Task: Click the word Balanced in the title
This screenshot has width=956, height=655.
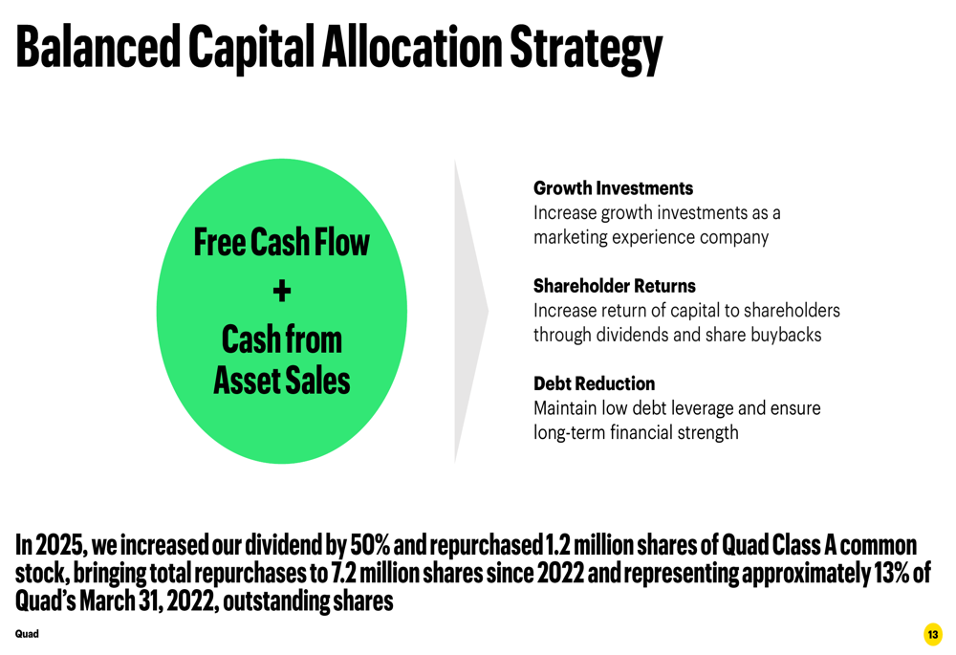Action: [98, 46]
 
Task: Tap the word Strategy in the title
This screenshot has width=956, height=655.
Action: [586, 50]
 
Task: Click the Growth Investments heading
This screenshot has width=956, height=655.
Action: [613, 187]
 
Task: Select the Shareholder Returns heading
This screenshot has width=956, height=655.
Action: [614, 285]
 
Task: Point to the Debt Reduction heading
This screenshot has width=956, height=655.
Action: [594, 383]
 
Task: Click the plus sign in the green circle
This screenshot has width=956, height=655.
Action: [282, 291]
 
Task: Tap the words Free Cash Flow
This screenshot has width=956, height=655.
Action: [282, 242]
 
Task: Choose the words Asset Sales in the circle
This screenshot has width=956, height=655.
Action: [282, 381]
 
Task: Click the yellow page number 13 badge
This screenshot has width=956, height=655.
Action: [933, 634]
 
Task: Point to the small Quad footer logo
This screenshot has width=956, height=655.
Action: [27, 634]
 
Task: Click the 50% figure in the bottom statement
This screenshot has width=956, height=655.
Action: [370, 545]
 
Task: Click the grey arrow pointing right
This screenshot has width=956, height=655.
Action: [471, 311]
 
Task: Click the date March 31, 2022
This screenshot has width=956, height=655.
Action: [148, 601]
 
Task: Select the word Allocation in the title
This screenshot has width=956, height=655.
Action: [411, 46]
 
